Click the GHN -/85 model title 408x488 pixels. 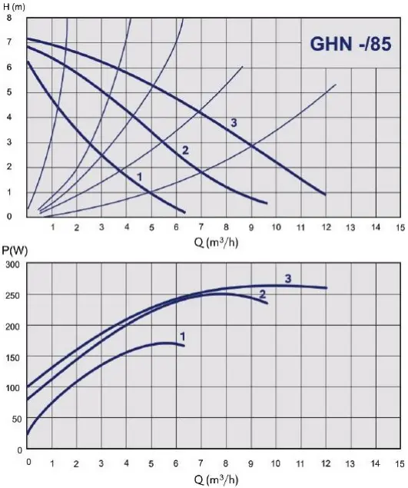click(350, 44)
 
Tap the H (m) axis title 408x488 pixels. click(14, 6)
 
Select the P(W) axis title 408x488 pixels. click(15, 251)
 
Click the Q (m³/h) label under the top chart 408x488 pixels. click(216, 242)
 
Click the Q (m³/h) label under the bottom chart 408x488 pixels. click(216, 480)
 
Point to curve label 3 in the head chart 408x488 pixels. click(234, 123)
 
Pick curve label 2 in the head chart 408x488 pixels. click(185, 151)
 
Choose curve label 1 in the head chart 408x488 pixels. click(140, 177)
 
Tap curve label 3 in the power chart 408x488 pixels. click(288, 278)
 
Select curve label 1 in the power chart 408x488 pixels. click(183, 337)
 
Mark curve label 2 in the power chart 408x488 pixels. click(263, 294)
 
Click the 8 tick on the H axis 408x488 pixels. click(8, 18)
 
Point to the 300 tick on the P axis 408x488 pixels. click(12, 264)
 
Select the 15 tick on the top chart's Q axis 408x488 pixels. click(400, 227)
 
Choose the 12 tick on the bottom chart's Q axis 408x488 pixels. click(326, 463)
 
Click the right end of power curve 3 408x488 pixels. click(327, 288)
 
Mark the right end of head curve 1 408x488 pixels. click(185, 213)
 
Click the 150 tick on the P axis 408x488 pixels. click(12, 357)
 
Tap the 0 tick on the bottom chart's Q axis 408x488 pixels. click(28, 462)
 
